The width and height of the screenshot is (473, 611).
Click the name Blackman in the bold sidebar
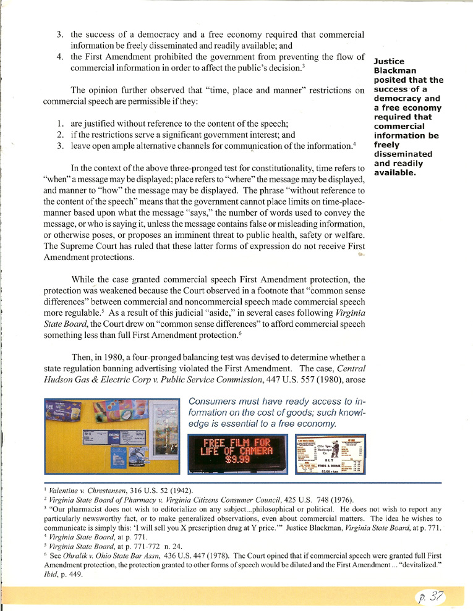394,70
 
